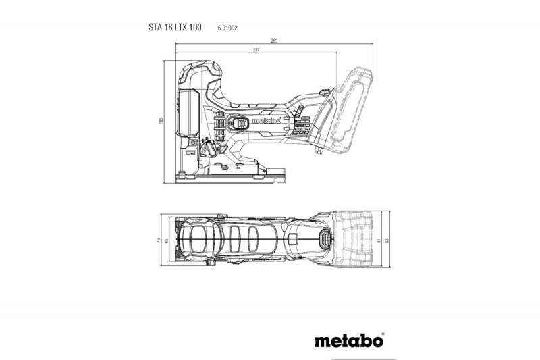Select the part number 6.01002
[x=228, y=28]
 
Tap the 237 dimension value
[x=256, y=50]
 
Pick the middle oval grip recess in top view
[x=236, y=239]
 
